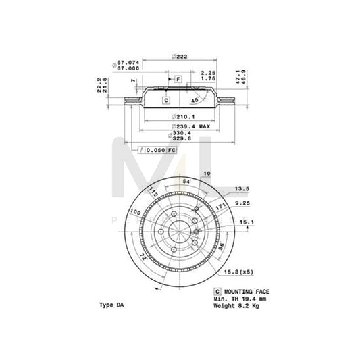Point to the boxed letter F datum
pyautogui.click(x=178, y=79)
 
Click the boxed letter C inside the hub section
pyautogui.click(x=165, y=101)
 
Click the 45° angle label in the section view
pyautogui.click(x=195, y=101)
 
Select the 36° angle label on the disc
pyautogui.click(x=221, y=245)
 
